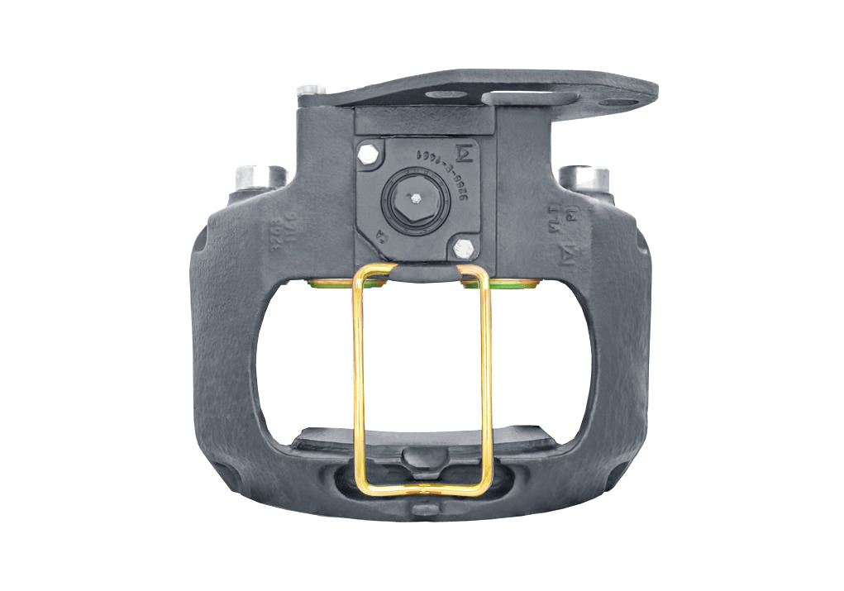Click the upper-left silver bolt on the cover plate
tap(369, 153)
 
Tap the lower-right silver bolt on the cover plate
tap(464, 246)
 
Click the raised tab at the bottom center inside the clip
tap(422, 458)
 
